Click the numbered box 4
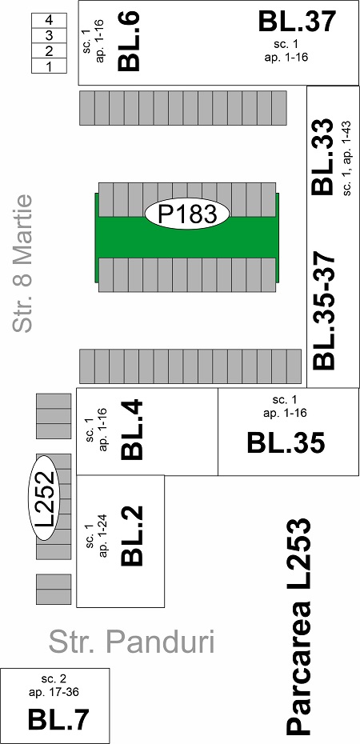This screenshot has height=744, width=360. click(49, 21)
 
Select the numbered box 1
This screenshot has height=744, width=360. click(49, 66)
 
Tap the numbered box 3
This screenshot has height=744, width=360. click(49, 35)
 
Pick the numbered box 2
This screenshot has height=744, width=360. click(49, 50)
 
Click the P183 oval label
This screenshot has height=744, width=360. click(187, 214)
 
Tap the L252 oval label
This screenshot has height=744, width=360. click(46, 498)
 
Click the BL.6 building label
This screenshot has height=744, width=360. click(129, 42)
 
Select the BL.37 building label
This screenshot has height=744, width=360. click(297, 22)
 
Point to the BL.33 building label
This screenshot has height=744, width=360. click(323, 156)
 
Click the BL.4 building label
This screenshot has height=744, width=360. click(132, 430)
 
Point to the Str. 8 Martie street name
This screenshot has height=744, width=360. click(22, 263)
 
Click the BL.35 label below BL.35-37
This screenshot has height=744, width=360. click(286, 443)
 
